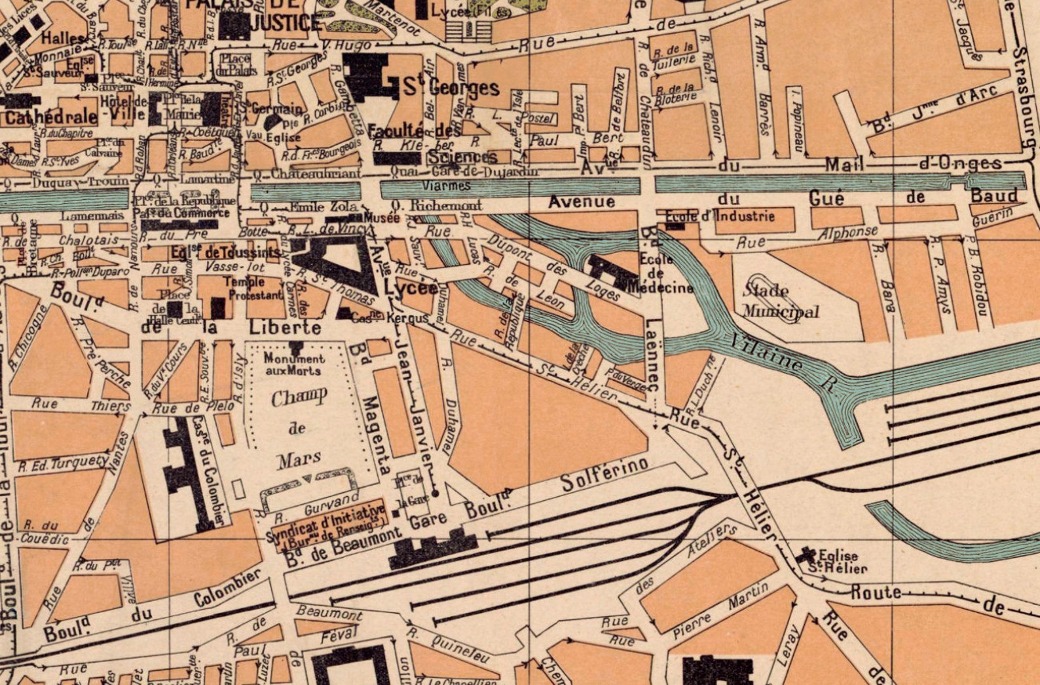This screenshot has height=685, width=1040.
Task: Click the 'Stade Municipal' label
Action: [779, 301]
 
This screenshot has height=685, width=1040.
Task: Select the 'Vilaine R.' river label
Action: [779, 361]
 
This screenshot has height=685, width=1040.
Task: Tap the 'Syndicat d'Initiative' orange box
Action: [326, 523]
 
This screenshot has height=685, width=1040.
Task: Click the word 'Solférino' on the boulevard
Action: [604, 475]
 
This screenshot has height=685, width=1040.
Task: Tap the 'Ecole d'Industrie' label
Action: [719, 216]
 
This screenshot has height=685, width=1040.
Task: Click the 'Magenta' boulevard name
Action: [378, 433]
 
